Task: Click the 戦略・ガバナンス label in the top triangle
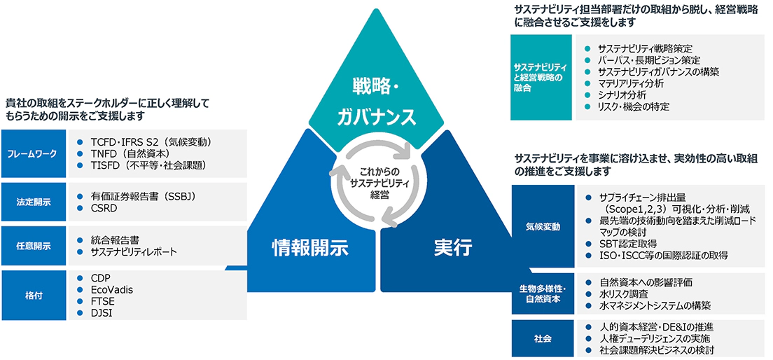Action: tap(384, 102)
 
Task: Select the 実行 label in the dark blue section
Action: tap(453, 247)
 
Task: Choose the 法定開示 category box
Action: tap(33, 202)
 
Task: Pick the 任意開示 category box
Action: tap(33, 246)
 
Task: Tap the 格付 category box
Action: tap(33, 295)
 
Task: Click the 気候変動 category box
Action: tap(543, 226)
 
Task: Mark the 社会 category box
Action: tap(543, 338)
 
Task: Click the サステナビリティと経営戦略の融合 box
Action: tap(543, 77)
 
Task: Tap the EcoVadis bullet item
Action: tap(112, 289)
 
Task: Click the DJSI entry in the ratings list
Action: tap(102, 313)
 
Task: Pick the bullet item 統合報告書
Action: tap(115, 240)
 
